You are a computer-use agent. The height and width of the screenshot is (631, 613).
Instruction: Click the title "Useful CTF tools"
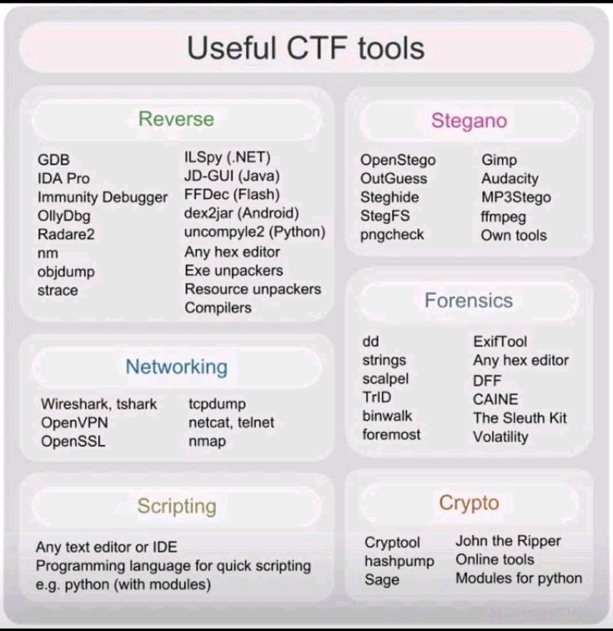coord(306,48)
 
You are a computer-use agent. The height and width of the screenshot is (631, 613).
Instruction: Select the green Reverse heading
coord(176,119)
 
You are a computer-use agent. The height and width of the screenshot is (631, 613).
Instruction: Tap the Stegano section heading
coord(469,121)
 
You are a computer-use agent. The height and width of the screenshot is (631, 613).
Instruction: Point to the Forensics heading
coord(468,301)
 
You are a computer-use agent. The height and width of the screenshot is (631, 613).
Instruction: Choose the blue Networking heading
coord(176,367)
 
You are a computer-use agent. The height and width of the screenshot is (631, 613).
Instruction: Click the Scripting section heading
coord(176,506)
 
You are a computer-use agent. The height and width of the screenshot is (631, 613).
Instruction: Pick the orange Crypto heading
coord(469,503)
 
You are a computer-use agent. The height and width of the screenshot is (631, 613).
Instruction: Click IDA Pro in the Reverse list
coord(64,178)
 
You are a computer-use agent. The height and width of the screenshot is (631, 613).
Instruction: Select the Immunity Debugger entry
coord(103,197)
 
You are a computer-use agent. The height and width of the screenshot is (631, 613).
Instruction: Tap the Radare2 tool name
coord(66,235)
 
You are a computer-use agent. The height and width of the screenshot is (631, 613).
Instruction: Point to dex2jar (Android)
coord(242,214)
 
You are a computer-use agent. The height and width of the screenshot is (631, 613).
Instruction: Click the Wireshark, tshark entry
coord(99,404)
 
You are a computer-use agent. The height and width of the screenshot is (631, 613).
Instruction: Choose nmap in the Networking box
coord(207,441)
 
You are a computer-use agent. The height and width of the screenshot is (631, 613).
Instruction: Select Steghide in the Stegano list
coord(390,197)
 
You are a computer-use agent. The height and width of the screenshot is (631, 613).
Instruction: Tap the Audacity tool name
coord(510,178)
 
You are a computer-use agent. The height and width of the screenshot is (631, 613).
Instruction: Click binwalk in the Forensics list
coord(387,416)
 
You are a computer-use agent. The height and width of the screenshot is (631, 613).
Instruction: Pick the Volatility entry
coord(501,437)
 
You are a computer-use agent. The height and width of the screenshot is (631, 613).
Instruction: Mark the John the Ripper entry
coord(508,541)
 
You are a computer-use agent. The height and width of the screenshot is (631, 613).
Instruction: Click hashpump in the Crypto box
coord(399,561)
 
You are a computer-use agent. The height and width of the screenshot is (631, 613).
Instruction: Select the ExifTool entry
coord(500,342)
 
